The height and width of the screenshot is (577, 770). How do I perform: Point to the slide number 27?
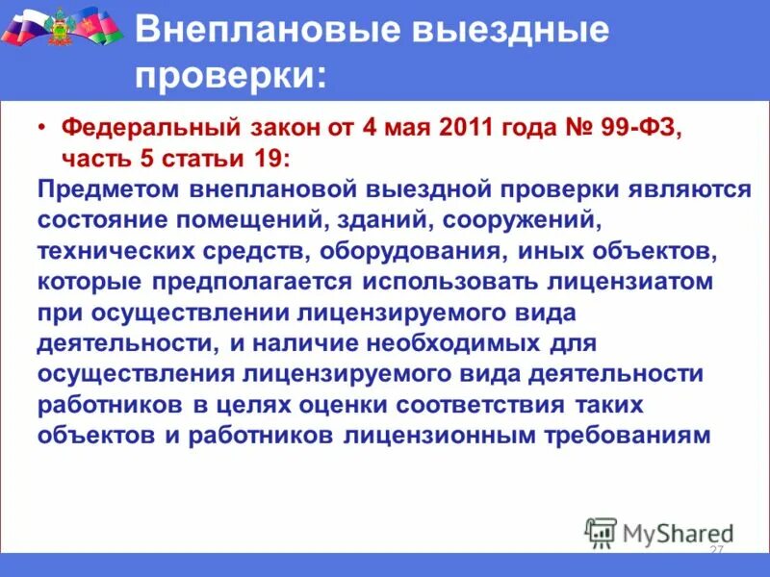715,549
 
